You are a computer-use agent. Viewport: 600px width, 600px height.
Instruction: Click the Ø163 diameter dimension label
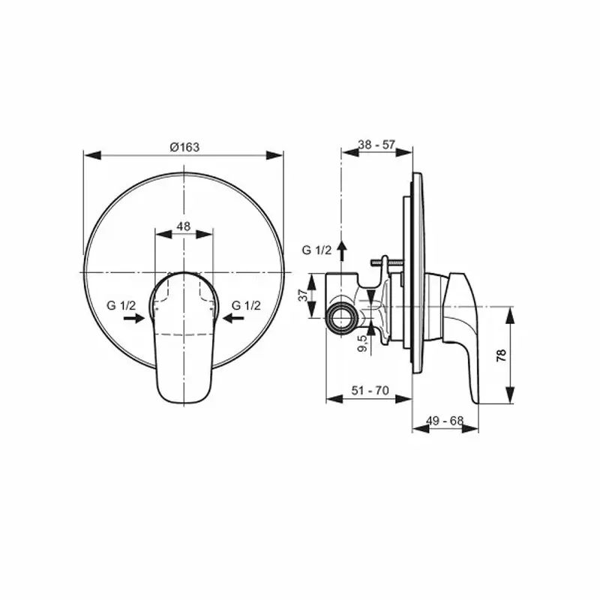[x=184, y=147]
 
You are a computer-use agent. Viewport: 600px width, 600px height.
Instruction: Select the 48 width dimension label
[x=183, y=225]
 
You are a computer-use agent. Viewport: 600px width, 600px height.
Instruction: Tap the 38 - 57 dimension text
[x=376, y=144]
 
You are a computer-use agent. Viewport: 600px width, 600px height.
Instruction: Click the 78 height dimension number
[x=501, y=354]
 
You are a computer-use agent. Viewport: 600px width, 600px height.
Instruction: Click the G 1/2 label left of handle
[x=120, y=305]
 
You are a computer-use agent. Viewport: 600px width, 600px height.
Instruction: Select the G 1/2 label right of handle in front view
[x=246, y=305]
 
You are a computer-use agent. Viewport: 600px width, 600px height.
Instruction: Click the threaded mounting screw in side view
[x=388, y=262]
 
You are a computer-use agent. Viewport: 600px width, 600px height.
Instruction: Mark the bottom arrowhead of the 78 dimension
[x=510, y=399]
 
